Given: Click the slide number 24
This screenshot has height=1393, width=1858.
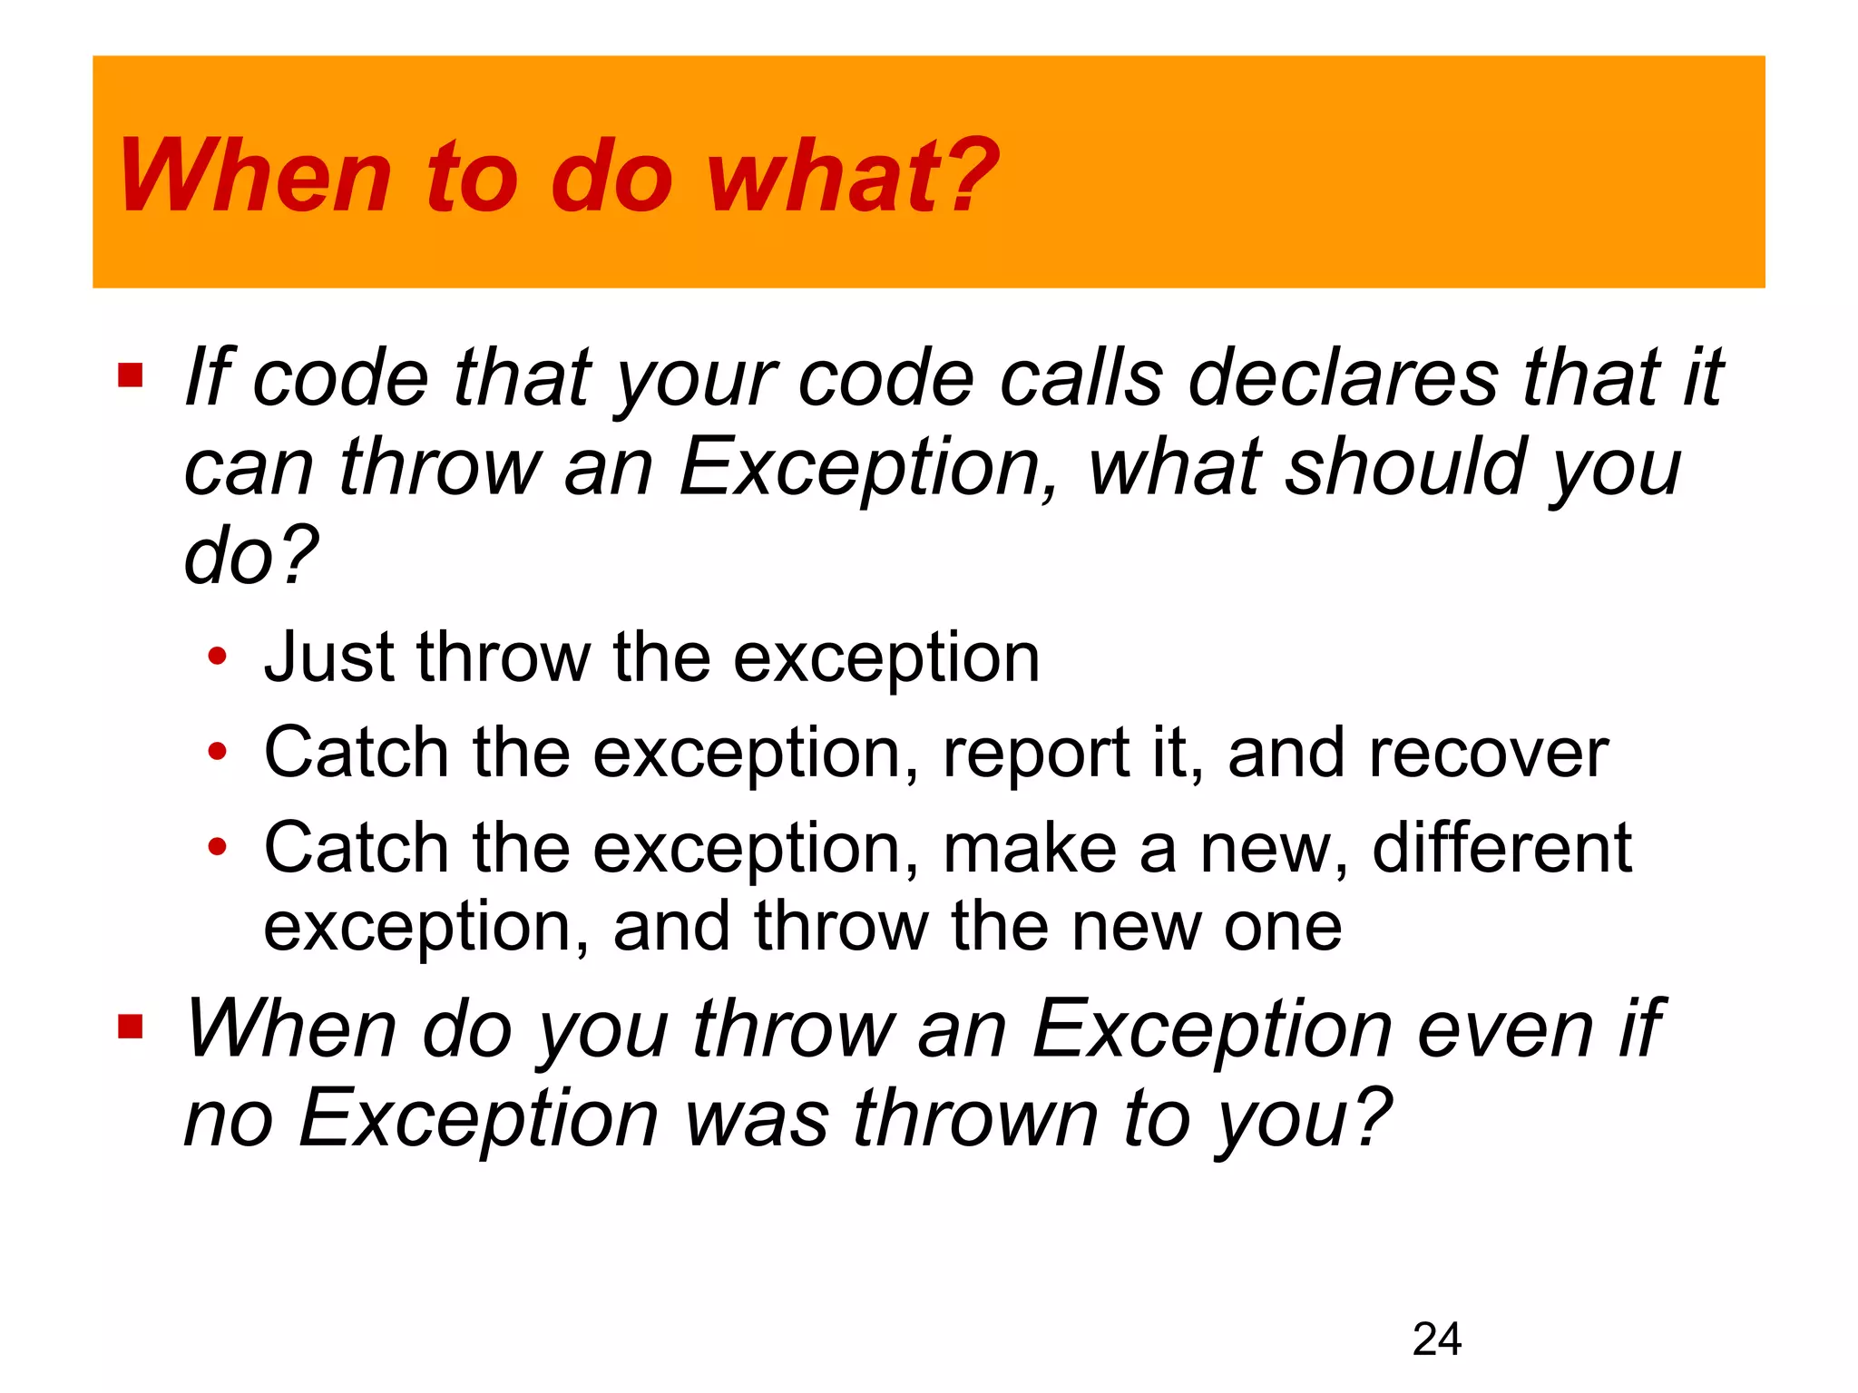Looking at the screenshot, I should click(x=1436, y=1339).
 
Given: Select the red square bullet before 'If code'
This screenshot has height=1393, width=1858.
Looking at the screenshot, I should click(x=131, y=375).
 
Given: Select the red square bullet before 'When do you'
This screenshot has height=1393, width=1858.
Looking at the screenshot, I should click(x=131, y=1027).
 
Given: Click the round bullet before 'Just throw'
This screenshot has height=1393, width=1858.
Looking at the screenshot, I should click(x=217, y=656).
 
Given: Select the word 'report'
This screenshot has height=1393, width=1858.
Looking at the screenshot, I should click(x=1035, y=753).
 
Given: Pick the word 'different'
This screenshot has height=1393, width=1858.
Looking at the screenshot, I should click(x=1501, y=848).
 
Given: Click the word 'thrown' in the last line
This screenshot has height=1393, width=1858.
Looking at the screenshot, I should click(x=975, y=1118).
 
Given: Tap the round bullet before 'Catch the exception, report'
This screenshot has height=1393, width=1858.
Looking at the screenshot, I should click(x=217, y=752).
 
